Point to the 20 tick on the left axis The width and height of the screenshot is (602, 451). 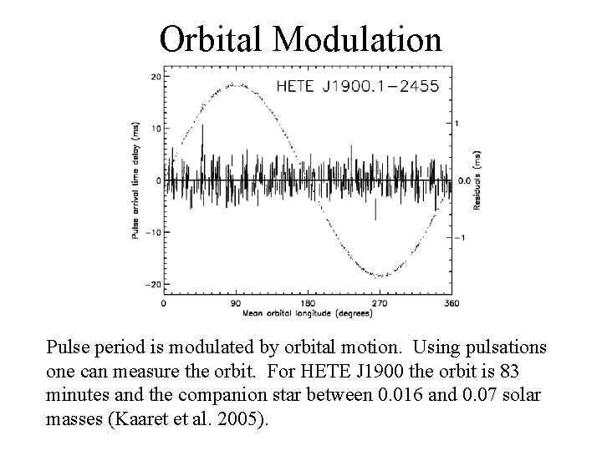point(156,77)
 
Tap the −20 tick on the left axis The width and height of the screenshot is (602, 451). point(152,285)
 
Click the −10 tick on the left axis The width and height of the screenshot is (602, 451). point(152,232)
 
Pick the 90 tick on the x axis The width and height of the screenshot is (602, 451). point(236,304)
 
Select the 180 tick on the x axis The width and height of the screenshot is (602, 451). point(308,304)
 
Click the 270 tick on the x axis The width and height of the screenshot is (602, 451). point(380,304)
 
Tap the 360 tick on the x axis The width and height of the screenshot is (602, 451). point(451,304)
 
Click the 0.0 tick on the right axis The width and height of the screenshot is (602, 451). point(465,180)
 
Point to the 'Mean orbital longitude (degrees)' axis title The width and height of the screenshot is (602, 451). point(307,314)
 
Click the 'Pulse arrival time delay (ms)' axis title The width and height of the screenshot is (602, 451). point(135,180)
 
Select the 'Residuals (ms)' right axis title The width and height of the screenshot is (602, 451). point(477,180)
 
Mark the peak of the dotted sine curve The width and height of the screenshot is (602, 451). point(236,84)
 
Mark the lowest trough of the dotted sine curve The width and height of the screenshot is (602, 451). point(380,276)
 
